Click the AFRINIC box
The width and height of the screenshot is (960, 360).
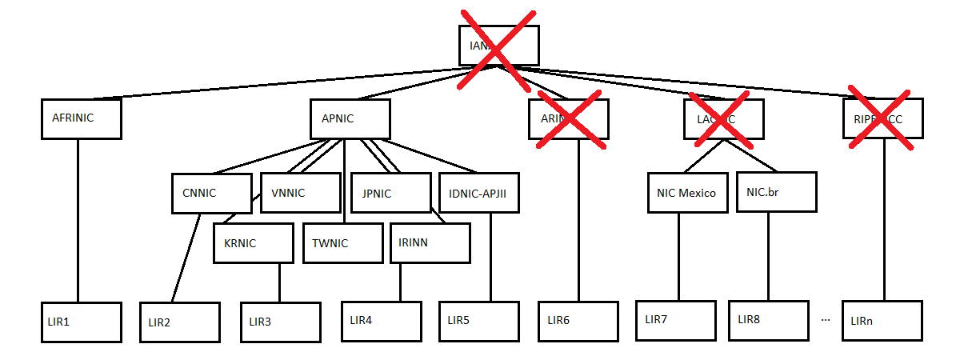click(81, 118)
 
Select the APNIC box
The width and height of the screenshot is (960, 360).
click(350, 118)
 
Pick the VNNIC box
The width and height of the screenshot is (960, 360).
click(301, 193)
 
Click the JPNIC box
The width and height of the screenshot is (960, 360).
click(390, 193)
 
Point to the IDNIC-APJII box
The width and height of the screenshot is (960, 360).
click(479, 193)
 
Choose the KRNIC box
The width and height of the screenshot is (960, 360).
click(254, 242)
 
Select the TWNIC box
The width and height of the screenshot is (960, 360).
click(343, 242)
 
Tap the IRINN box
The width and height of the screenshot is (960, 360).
click(430, 242)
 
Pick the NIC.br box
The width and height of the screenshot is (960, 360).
click(777, 192)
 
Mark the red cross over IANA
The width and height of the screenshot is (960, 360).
click(496, 50)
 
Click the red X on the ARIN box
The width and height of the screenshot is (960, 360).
click(570, 120)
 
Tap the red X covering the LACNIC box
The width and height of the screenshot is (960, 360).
click(723, 120)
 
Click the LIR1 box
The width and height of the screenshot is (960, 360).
click(81, 322)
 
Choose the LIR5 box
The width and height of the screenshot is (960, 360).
click(478, 322)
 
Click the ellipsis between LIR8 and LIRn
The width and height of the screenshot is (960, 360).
click(826, 319)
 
